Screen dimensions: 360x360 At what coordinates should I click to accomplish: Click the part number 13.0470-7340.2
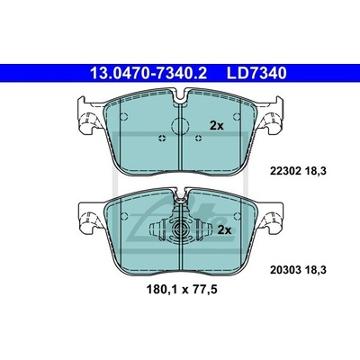click(148, 74)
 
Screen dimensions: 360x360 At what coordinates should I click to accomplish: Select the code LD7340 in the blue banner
click(256, 74)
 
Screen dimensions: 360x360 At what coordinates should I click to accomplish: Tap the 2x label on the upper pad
click(217, 126)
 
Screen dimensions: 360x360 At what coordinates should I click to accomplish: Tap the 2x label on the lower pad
click(224, 230)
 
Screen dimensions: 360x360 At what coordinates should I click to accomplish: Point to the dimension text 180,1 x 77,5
click(182, 290)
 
